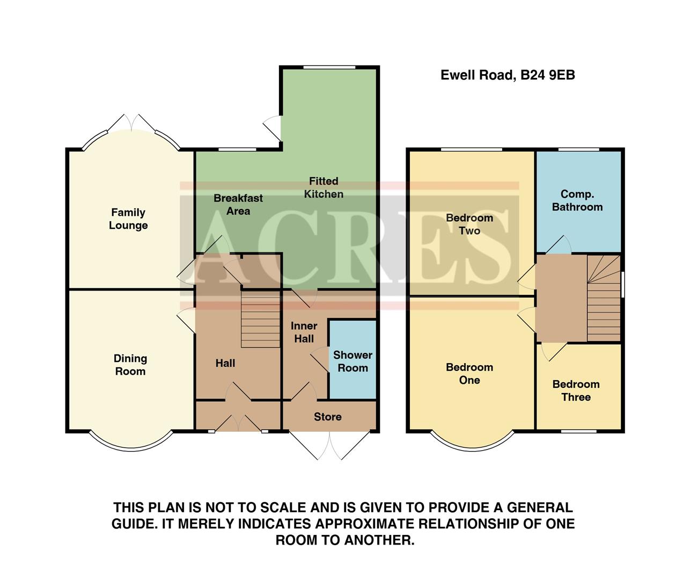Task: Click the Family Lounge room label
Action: (x=128, y=219)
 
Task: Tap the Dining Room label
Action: (x=130, y=365)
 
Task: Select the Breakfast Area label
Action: (x=238, y=205)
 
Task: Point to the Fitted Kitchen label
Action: (x=324, y=187)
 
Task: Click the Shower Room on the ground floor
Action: (x=353, y=361)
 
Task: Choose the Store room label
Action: (x=327, y=417)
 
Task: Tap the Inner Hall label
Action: (x=304, y=332)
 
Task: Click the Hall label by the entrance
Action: (x=225, y=364)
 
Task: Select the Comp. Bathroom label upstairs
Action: (x=577, y=200)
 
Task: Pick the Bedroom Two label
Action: (x=469, y=224)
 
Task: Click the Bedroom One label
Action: (x=469, y=374)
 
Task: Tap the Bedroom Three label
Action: (x=576, y=390)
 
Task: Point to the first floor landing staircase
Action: (x=604, y=298)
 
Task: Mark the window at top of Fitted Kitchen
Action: (x=329, y=67)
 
